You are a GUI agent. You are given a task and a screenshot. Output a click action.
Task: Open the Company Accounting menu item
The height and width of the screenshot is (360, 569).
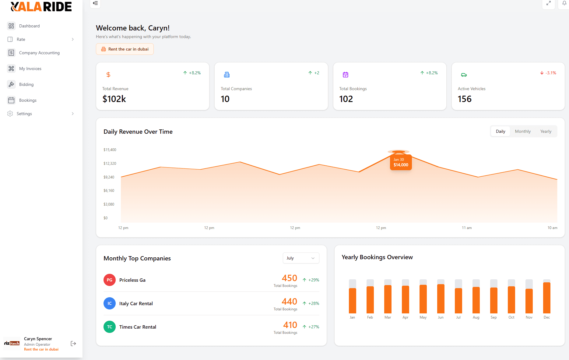[x=39, y=53]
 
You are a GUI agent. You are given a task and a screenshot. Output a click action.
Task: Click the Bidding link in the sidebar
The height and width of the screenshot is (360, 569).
[x=26, y=84]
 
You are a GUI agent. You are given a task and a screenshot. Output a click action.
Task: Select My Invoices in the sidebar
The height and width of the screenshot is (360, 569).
[x=30, y=69]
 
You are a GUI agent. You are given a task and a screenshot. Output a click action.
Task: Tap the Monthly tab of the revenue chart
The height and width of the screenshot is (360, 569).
[x=523, y=131]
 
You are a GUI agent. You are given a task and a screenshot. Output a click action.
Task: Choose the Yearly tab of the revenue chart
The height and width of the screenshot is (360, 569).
[x=546, y=131]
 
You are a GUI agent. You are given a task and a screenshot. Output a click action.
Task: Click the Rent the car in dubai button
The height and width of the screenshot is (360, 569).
[x=125, y=49]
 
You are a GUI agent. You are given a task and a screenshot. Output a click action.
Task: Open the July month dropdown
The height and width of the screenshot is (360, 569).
[x=300, y=258]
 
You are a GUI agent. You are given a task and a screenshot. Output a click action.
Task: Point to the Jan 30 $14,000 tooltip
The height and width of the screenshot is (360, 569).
[x=401, y=162]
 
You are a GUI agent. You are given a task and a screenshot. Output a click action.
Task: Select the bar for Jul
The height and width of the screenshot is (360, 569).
[x=458, y=300]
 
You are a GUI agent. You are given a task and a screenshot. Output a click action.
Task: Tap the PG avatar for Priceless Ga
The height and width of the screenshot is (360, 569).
[x=110, y=280]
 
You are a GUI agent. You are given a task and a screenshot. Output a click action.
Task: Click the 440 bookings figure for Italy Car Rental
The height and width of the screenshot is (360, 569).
[x=289, y=302]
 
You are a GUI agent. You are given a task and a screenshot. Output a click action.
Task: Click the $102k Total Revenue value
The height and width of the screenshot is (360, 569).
[x=114, y=99]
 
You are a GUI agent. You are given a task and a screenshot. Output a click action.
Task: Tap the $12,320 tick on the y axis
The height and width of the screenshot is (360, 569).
[x=110, y=164]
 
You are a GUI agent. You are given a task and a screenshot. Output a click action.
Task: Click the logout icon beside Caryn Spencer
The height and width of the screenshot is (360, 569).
[x=73, y=344]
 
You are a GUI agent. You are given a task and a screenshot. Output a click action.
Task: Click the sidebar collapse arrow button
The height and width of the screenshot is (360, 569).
[x=95, y=3]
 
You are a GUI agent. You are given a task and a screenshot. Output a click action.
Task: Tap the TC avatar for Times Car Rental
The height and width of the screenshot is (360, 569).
[x=110, y=327]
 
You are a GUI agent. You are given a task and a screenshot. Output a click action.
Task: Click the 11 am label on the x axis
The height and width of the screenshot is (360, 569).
[x=467, y=228]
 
